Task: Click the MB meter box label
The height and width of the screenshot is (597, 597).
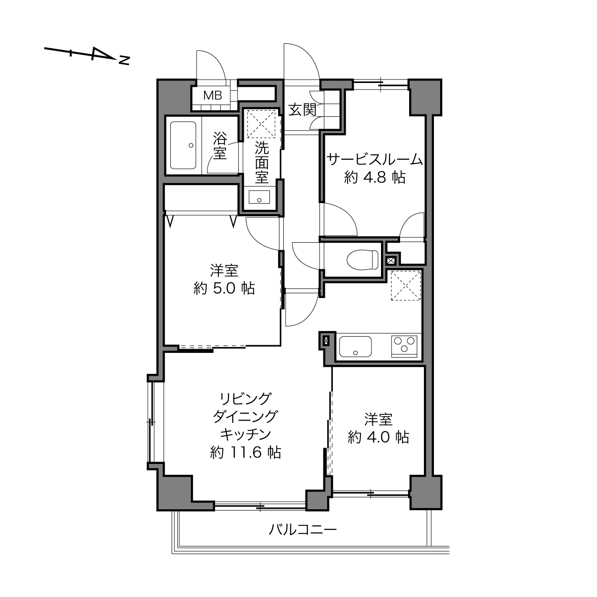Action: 213,95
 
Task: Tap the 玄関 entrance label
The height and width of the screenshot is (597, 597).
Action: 302,110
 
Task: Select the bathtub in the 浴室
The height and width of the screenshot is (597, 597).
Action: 183,145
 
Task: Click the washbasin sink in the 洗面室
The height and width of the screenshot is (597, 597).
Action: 259,197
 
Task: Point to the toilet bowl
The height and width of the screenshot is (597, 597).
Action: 363,259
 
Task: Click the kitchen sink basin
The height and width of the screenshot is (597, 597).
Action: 355,347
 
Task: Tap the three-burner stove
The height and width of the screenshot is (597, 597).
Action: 404,346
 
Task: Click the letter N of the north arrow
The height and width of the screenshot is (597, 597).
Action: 124,61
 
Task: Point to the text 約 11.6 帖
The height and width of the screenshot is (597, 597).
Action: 246,453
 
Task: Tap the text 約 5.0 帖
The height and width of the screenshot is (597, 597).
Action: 224,288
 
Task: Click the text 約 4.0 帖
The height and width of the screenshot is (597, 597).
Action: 378,437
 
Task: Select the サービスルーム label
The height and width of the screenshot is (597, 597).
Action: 375,160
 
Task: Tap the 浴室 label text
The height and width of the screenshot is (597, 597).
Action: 220,146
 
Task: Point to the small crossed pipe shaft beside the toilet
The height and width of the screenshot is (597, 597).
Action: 391,261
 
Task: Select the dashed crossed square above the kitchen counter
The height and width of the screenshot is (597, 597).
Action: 406,285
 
